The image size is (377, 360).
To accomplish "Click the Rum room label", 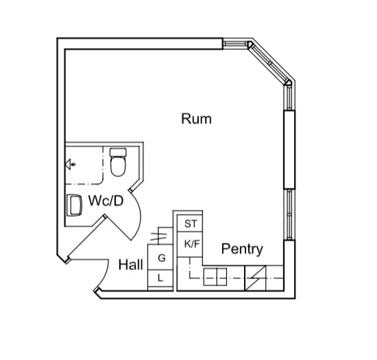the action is pos(197,119).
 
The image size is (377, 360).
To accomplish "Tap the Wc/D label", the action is pos(106,200).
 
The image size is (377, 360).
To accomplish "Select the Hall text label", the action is pos(131,265).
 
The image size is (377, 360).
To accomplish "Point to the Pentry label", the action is pos(242,249).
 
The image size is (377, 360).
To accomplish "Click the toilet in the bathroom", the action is pos(118,162).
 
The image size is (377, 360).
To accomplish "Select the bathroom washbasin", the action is pos(74,205).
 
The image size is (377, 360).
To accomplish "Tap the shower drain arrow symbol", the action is pos(71,165).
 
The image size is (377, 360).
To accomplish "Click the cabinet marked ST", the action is pos(190,224).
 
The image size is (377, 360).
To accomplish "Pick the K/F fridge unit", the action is pos(190,244).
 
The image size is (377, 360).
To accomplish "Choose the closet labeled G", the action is pos(160,257).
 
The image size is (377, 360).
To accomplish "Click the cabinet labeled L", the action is pos(160,278).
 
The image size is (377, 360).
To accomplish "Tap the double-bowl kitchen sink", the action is pos(215,277).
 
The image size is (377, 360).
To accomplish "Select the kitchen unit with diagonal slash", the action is pos(256,278).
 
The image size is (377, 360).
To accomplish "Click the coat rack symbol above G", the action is pos(158,237).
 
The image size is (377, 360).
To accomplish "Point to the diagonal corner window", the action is pos(270,63).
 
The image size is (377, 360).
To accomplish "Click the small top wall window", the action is pos(235,44).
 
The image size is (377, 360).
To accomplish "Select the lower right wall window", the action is pos(289,214).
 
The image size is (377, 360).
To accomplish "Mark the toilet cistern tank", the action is pos(118,152).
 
